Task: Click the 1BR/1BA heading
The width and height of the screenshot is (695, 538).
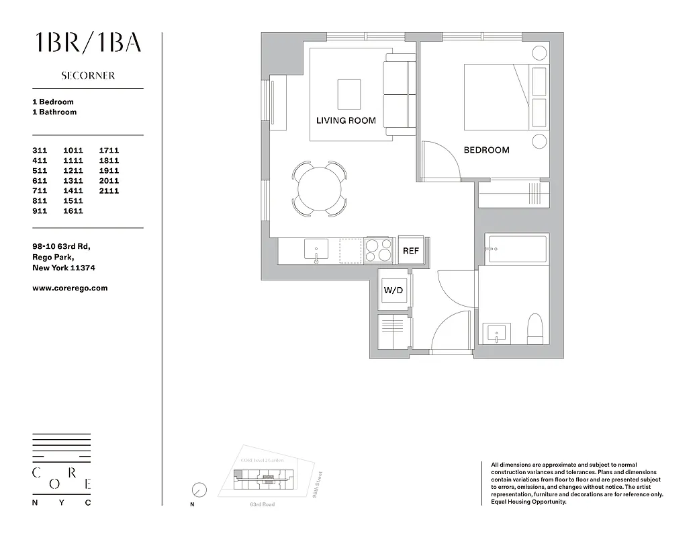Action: (x=88, y=42)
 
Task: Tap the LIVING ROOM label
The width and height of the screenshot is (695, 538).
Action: (x=346, y=120)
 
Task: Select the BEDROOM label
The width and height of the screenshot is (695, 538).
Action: (x=486, y=150)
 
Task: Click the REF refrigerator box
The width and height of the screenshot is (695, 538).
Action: (x=410, y=251)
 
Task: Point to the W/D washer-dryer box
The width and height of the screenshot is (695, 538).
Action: (x=393, y=291)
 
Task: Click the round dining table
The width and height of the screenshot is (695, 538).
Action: (x=320, y=188)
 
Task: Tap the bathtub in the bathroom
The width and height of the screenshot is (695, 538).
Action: (x=517, y=249)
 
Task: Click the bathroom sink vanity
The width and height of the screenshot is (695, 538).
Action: (x=497, y=333)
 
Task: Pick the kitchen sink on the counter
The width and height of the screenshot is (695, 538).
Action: (x=316, y=250)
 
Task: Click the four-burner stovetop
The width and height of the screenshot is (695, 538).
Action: (x=379, y=250)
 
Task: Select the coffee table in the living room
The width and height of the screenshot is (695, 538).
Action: (x=349, y=93)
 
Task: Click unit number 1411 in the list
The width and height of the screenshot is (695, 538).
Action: (x=73, y=191)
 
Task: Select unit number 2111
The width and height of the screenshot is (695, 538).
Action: (x=109, y=191)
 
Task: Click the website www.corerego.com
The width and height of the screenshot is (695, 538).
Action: (x=70, y=288)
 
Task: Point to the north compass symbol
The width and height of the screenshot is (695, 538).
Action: (x=199, y=490)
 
